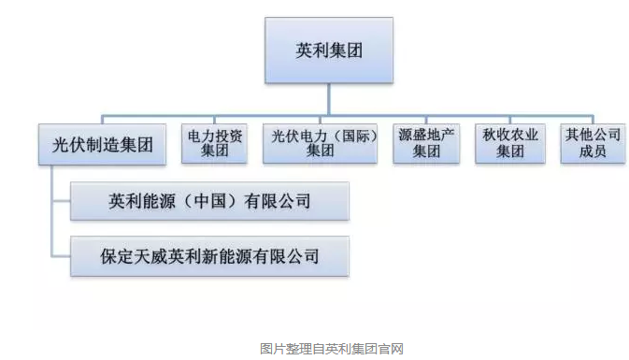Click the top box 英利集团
[x=329, y=50]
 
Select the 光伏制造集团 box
[x=102, y=145]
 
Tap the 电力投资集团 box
[x=214, y=143]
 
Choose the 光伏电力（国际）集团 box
[x=321, y=143]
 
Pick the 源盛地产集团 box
[x=426, y=143]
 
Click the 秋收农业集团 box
[x=510, y=143]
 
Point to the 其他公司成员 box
[x=593, y=143]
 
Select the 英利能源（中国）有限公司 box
[x=209, y=201]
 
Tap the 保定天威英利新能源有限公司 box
[x=209, y=256]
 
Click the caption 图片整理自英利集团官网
[x=332, y=349]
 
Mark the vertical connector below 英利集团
[x=329, y=99]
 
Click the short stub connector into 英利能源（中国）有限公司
[x=62, y=201]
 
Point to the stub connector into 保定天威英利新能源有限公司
[x=62, y=255]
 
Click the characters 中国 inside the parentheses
[x=209, y=201]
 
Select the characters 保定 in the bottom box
[x=117, y=256]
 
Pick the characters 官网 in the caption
[x=391, y=349]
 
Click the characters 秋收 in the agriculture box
[x=496, y=135]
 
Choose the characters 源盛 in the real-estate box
[x=412, y=135]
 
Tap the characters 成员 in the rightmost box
[x=593, y=151]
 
